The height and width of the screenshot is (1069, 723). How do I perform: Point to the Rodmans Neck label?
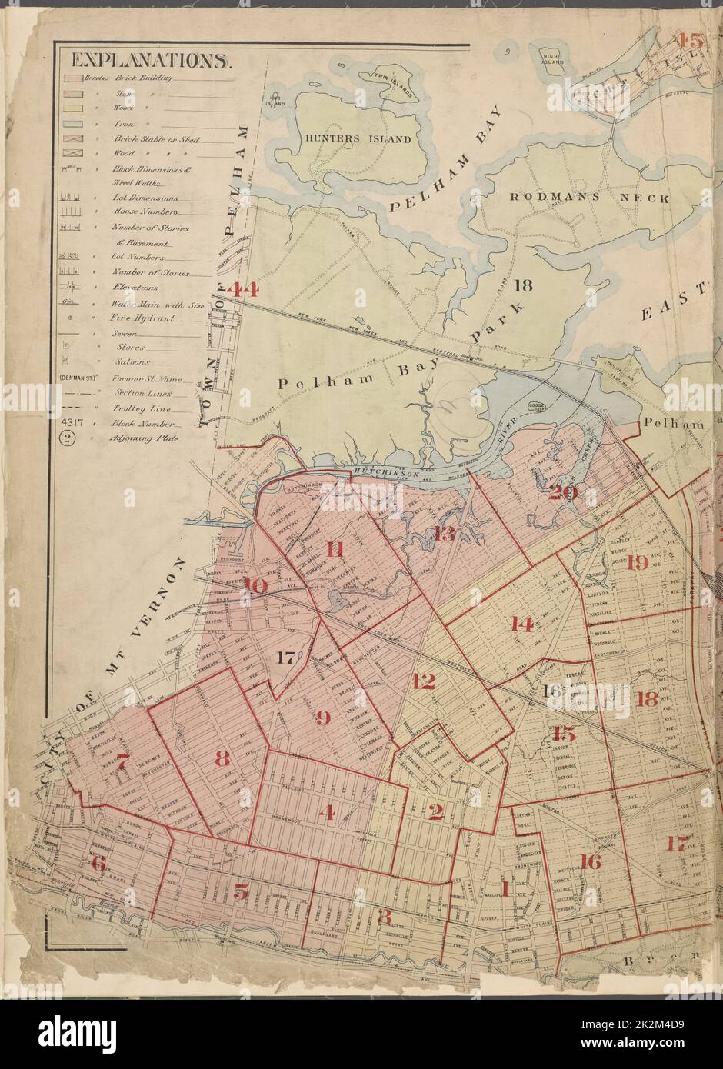coord(590,198)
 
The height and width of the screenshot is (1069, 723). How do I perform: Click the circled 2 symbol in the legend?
coord(68,438)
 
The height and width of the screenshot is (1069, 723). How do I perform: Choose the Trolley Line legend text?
coord(144,408)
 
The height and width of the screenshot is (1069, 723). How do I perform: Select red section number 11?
coord(335,549)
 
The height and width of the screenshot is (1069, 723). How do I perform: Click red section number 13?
coord(445,533)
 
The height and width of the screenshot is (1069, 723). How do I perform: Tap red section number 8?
coord(222,758)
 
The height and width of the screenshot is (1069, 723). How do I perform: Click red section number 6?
coord(98,862)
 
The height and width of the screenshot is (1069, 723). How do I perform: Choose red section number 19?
coord(637,562)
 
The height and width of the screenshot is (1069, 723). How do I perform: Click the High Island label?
coord(551,62)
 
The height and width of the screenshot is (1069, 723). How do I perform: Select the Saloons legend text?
coord(132,361)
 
